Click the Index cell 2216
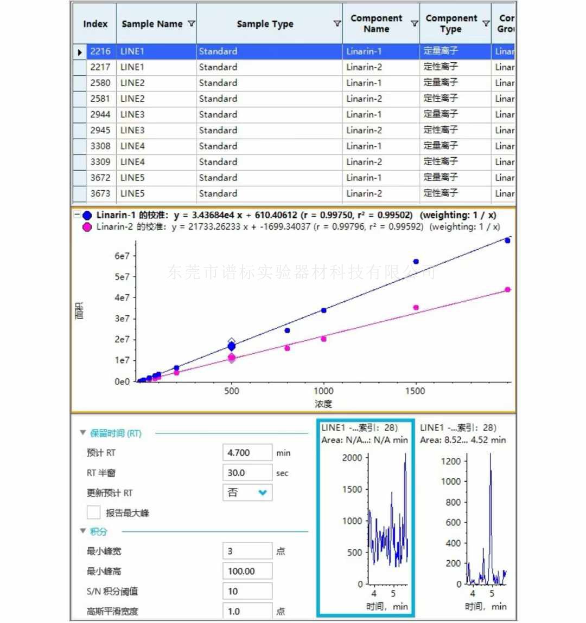[x=100, y=51]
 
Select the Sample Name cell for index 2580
[x=132, y=83]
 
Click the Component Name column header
[x=377, y=24]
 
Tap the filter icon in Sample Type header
[x=337, y=24]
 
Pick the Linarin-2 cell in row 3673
[x=364, y=193]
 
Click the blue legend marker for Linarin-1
[x=87, y=215]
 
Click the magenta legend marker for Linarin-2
[x=87, y=227]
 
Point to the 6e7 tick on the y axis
[x=122, y=256]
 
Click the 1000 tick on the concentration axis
[x=323, y=391]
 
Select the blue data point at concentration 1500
[x=416, y=262]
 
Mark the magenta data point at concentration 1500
[x=416, y=308]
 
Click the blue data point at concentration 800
[x=287, y=330]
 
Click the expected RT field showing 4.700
[x=247, y=453]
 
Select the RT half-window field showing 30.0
[x=247, y=473]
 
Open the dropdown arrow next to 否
[x=263, y=493]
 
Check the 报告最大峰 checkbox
[x=94, y=512]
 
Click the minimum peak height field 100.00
[x=247, y=571]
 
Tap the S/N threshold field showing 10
[x=247, y=591]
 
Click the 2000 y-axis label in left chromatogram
[x=352, y=458]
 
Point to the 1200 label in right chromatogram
[x=450, y=462]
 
